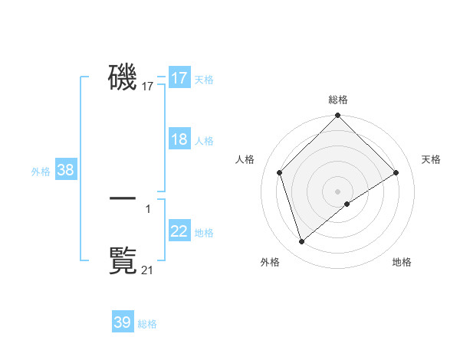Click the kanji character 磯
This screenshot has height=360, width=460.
click(x=123, y=77)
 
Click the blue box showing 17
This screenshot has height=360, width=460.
click(x=179, y=78)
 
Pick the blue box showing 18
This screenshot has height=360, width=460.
click(x=179, y=139)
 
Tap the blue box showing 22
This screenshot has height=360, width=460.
click(x=179, y=231)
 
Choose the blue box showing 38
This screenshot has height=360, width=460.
click(x=65, y=170)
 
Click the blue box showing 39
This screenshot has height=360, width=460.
click(x=123, y=322)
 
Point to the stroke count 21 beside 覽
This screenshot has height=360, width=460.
click(x=148, y=270)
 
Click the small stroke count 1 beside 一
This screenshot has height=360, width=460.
click(x=148, y=208)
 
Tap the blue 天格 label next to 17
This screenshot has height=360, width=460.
click(x=204, y=80)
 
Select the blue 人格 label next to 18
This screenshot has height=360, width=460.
click(x=204, y=141)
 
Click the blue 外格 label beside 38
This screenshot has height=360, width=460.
click(x=41, y=172)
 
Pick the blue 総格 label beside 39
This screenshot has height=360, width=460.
click(x=147, y=324)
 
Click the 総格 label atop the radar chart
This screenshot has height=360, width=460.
click(x=337, y=100)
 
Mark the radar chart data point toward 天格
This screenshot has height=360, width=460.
click(x=396, y=172)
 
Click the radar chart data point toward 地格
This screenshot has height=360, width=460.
click(x=347, y=204)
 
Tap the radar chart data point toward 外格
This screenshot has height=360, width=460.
click(x=301, y=241)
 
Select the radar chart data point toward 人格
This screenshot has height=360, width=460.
click(x=280, y=172)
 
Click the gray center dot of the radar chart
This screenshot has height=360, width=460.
click(x=337, y=191)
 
